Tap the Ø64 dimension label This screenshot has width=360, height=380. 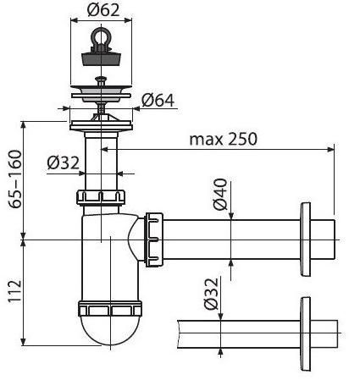pos(158,100)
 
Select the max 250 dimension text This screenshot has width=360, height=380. pos(224,138)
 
